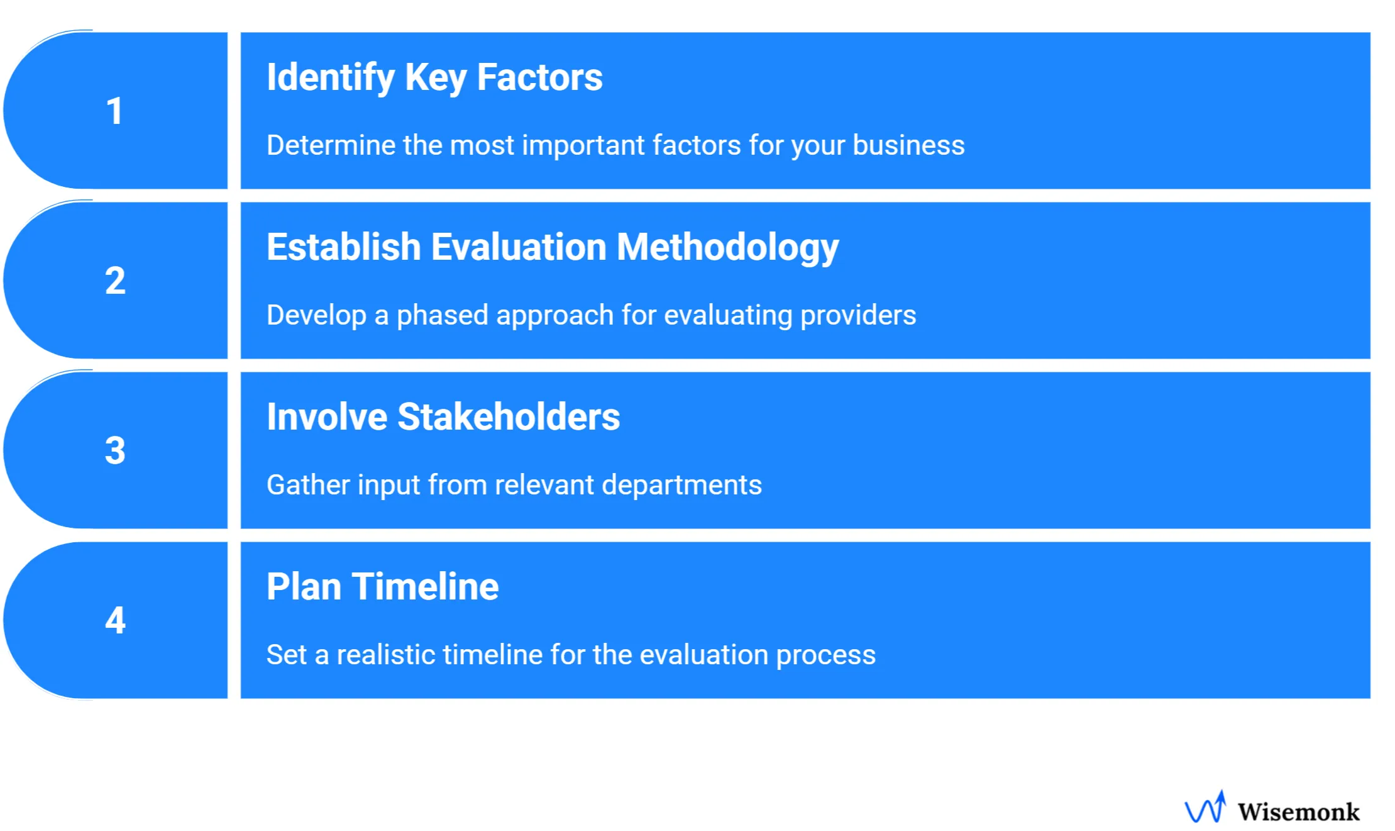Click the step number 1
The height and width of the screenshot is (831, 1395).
[114, 111]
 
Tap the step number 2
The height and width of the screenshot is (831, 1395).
[115, 281]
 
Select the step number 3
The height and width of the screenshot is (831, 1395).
[115, 450]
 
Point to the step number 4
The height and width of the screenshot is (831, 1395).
[115, 620]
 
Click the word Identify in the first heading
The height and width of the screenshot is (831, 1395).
[331, 77]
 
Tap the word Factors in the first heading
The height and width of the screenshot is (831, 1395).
[539, 77]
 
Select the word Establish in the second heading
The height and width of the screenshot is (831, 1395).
[343, 247]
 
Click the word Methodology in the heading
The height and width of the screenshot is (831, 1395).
[727, 248]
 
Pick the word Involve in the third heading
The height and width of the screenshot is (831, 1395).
[326, 416]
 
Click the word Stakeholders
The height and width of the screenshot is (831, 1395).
[509, 416]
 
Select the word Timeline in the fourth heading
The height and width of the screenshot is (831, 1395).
[425, 586]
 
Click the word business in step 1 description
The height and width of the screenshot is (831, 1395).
[908, 145]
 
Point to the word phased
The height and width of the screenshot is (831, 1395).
[442, 315]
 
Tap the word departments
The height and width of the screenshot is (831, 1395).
[681, 485]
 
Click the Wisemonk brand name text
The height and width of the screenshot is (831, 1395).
[1298, 811]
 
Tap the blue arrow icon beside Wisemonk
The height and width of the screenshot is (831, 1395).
[1206, 808]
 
